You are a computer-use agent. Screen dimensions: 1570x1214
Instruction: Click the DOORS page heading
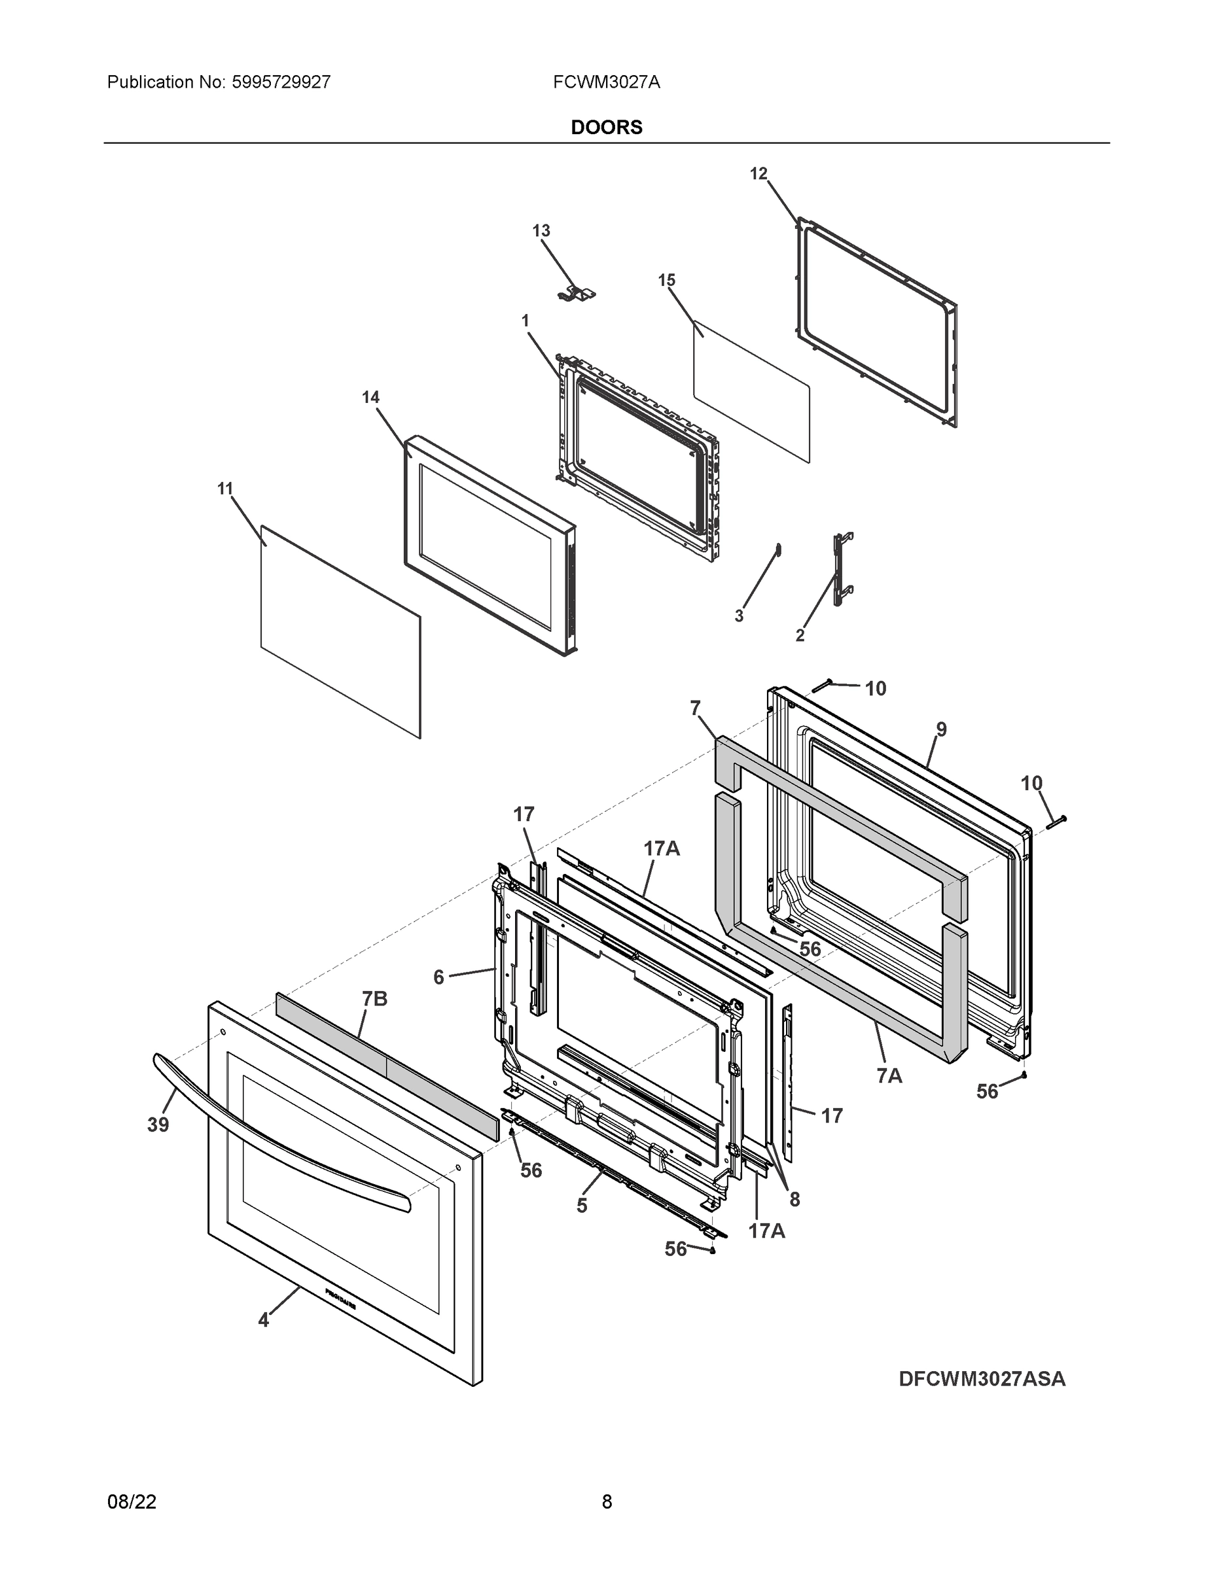pyautogui.click(x=606, y=128)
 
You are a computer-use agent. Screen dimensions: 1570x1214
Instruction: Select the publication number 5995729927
pyautogui.click(x=281, y=82)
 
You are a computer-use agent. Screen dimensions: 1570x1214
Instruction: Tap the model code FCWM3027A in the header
pyautogui.click(x=606, y=82)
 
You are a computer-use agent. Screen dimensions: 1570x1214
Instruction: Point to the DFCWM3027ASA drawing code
pyautogui.click(x=982, y=1379)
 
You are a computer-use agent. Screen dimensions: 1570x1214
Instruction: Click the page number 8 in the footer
pyautogui.click(x=606, y=1501)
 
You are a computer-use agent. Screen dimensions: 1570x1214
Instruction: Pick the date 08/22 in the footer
pyautogui.click(x=132, y=1501)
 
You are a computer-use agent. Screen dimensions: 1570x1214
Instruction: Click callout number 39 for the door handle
pyautogui.click(x=158, y=1125)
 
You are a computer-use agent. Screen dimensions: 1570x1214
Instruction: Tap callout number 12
pyautogui.click(x=759, y=173)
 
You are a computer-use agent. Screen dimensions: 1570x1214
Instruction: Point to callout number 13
pyautogui.click(x=541, y=230)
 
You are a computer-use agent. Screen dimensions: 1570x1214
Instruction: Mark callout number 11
pyautogui.click(x=225, y=488)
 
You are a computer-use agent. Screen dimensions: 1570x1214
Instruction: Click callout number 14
pyautogui.click(x=370, y=397)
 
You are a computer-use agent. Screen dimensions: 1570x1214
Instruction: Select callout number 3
pyautogui.click(x=739, y=616)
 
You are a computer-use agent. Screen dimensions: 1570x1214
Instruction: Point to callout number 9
pyautogui.click(x=940, y=729)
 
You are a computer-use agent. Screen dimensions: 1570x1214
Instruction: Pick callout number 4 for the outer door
pyautogui.click(x=263, y=1320)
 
